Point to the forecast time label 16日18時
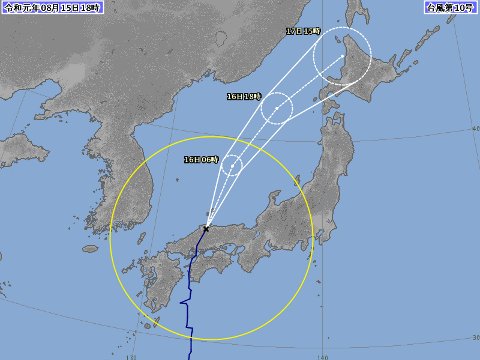243,97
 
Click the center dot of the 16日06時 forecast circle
231,166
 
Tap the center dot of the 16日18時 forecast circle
277,107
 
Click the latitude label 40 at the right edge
474,130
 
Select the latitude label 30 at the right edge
474,335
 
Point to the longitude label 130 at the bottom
132,355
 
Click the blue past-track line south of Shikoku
189,320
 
